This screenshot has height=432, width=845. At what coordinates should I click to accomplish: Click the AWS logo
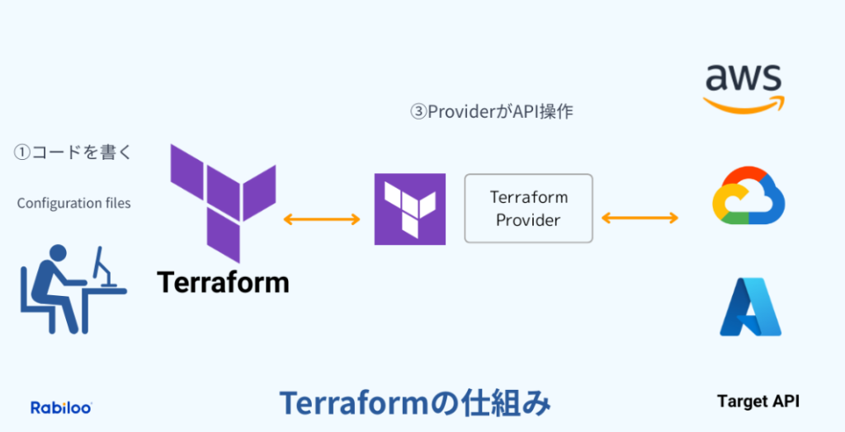pos(744,87)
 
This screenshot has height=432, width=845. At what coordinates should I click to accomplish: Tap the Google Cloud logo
pos(748,199)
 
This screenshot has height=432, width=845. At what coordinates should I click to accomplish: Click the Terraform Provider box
pos(528,208)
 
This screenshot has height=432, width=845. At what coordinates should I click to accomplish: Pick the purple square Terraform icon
pos(410,209)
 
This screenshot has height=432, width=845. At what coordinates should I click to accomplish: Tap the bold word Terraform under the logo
pos(223,282)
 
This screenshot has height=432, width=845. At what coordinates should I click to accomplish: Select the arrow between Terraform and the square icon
pos(322,219)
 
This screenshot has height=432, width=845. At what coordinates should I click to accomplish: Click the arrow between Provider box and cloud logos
pos(640,218)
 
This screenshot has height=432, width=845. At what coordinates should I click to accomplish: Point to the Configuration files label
pos(73,203)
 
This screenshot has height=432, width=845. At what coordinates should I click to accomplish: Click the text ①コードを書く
pos(73,153)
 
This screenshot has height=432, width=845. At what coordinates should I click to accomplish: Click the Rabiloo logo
pos(61,407)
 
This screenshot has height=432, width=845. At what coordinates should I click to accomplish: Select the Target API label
pos(758,401)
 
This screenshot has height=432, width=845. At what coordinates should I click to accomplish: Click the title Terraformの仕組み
pos(414,403)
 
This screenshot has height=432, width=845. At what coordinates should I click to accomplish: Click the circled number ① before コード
pos(21,153)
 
